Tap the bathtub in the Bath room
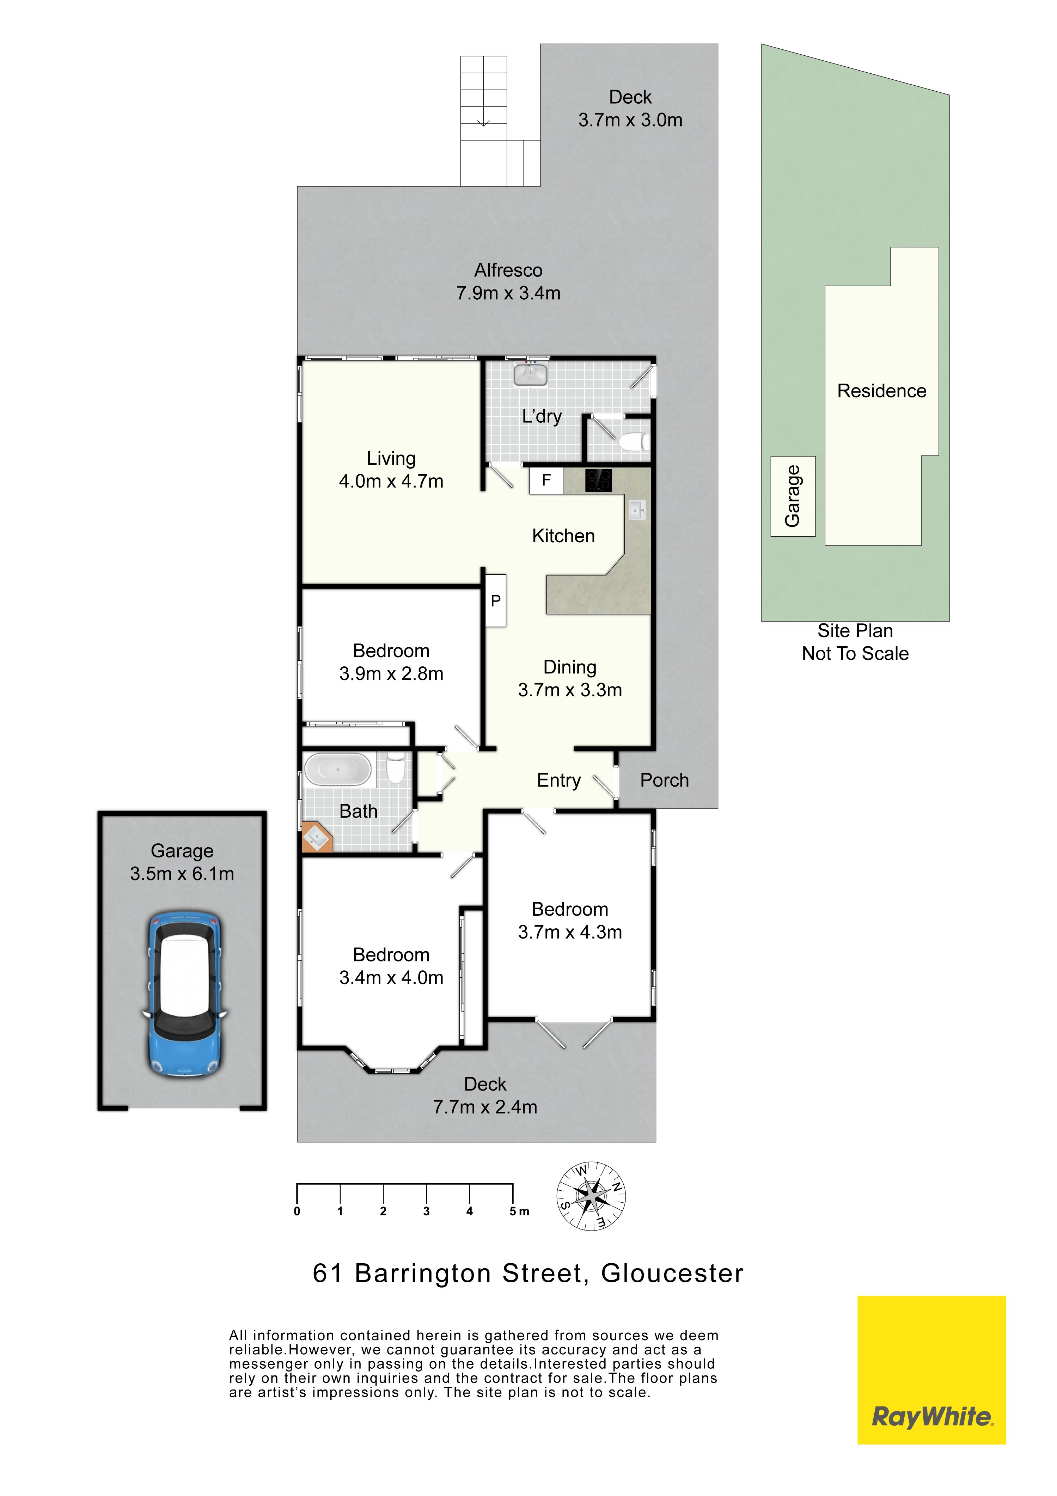click(338, 769)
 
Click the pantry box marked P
click(496, 601)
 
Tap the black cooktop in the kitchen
click(598, 481)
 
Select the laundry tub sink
click(531, 375)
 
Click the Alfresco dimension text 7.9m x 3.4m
click(508, 293)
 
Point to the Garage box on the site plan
click(793, 496)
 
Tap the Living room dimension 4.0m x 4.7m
click(391, 482)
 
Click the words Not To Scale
click(855, 654)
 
